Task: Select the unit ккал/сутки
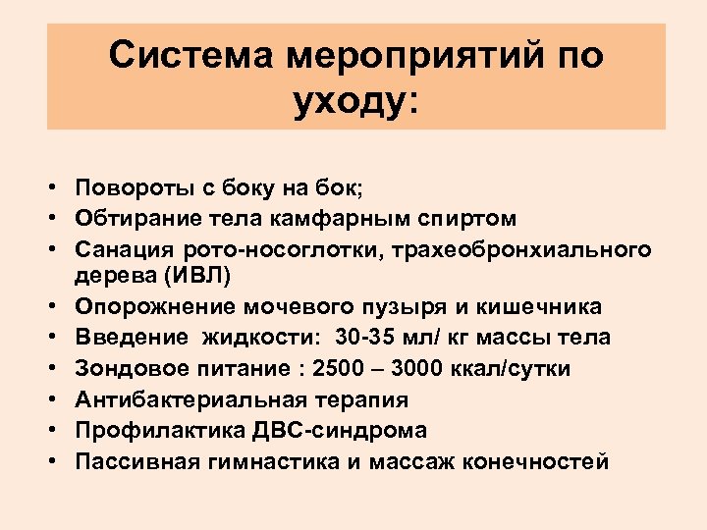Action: coord(522,368)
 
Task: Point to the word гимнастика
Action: coord(272,460)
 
